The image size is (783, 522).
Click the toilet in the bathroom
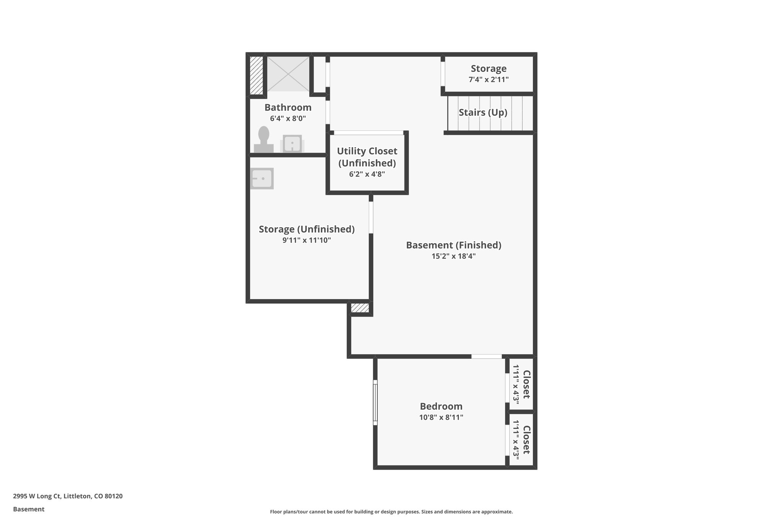264,140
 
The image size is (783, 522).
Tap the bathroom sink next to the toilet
292,144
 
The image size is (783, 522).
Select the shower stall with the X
288,74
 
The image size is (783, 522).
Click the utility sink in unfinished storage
262,179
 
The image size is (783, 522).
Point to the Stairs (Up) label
483,112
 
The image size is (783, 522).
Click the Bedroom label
441,406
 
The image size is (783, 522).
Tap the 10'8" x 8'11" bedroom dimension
441,417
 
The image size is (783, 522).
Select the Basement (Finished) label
453,245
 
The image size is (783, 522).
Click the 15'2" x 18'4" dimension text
453,256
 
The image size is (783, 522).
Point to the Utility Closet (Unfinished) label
367,157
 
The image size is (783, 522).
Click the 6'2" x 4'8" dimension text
367,174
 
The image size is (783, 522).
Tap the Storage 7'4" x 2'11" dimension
489,80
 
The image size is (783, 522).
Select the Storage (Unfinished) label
307,229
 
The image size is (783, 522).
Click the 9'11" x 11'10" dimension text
307,240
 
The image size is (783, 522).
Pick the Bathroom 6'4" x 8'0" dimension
288,119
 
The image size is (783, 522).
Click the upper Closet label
526,384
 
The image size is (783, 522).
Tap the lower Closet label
526,440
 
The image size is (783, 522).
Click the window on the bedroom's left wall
375,402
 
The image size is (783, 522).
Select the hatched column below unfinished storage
360,308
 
